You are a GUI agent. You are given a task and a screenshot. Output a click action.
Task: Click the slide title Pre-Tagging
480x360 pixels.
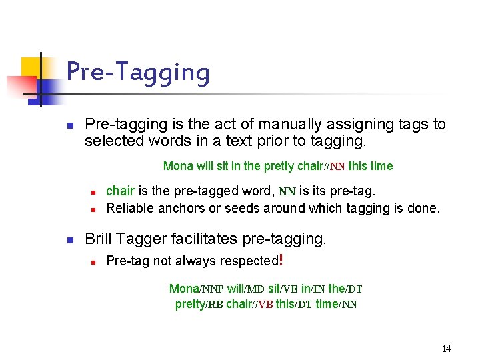pos(138,72)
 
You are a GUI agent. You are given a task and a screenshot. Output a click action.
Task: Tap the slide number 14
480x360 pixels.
pos(446,349)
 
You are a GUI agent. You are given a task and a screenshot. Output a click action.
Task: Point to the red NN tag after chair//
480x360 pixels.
pos(337,167)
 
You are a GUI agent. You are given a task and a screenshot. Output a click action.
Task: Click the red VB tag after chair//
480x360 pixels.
pos(265,305)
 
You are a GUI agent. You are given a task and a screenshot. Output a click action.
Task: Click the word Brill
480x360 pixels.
pos(99,239)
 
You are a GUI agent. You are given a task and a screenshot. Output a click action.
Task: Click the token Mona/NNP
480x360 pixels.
pos(196,289)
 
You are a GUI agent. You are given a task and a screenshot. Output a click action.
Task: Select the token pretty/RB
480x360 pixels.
pos(199,305)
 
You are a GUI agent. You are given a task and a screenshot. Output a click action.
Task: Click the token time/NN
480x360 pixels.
pos(336,305)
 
